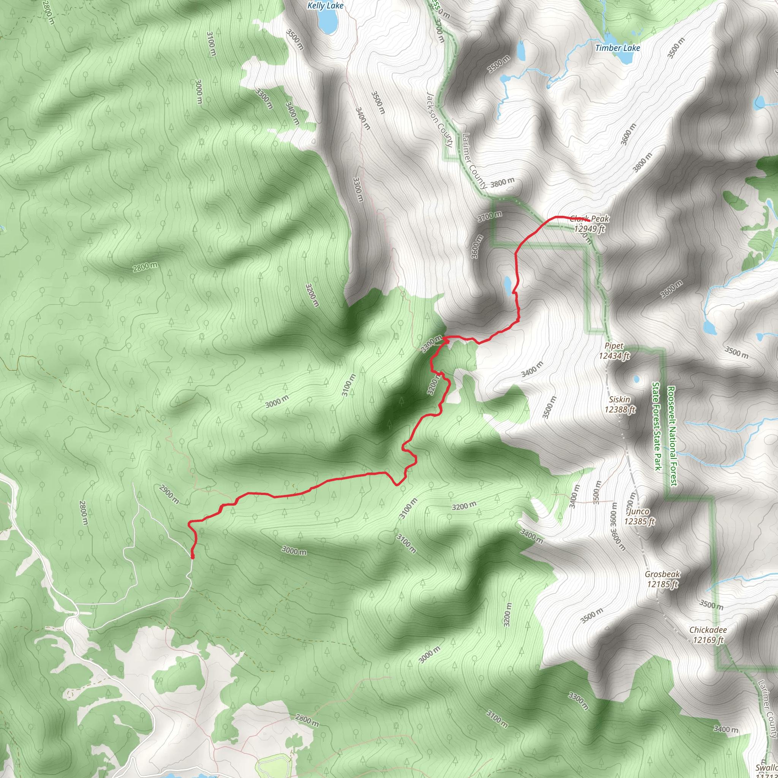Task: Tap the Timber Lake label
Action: click(618, 48)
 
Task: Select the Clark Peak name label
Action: click(590, 219)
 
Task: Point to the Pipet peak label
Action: click(614, 346)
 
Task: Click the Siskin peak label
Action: click(620, 400)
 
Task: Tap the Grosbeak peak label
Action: click(663, 574)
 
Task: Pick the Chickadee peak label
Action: click(708, 630)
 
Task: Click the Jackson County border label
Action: click(440, 119)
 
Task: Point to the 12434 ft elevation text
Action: click(614, 356)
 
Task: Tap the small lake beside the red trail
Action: click(508, 285)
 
